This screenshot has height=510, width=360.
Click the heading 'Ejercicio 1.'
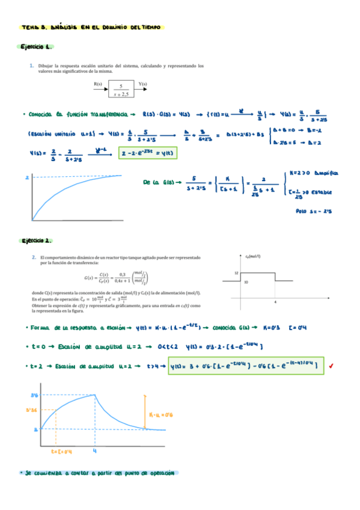(x=37, y=47)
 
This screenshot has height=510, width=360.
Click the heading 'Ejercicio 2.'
(x=37, y=241)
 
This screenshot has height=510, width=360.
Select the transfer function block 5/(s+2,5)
(x=121, y=90)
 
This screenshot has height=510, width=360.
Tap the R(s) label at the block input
(x=98, y=84)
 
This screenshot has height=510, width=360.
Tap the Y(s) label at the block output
(x=144, y=84)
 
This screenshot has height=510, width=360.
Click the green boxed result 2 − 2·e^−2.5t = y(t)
(x=148, y=153)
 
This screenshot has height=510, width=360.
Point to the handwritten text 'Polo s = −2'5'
(x=314, y=211)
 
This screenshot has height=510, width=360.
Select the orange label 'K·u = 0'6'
(x=160, y=416)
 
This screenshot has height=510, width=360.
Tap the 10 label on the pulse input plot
(x=246, y=281)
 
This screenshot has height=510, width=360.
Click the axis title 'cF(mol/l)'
(x=254, y=256)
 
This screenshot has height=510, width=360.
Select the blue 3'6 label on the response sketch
(x=34, y=395)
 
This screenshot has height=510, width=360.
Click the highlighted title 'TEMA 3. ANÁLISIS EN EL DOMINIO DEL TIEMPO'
(x=90, y=27)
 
